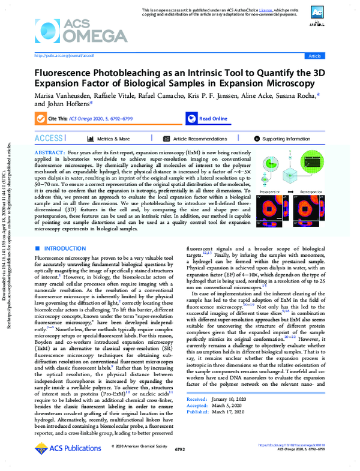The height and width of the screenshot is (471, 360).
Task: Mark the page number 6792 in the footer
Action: (180, 449)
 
